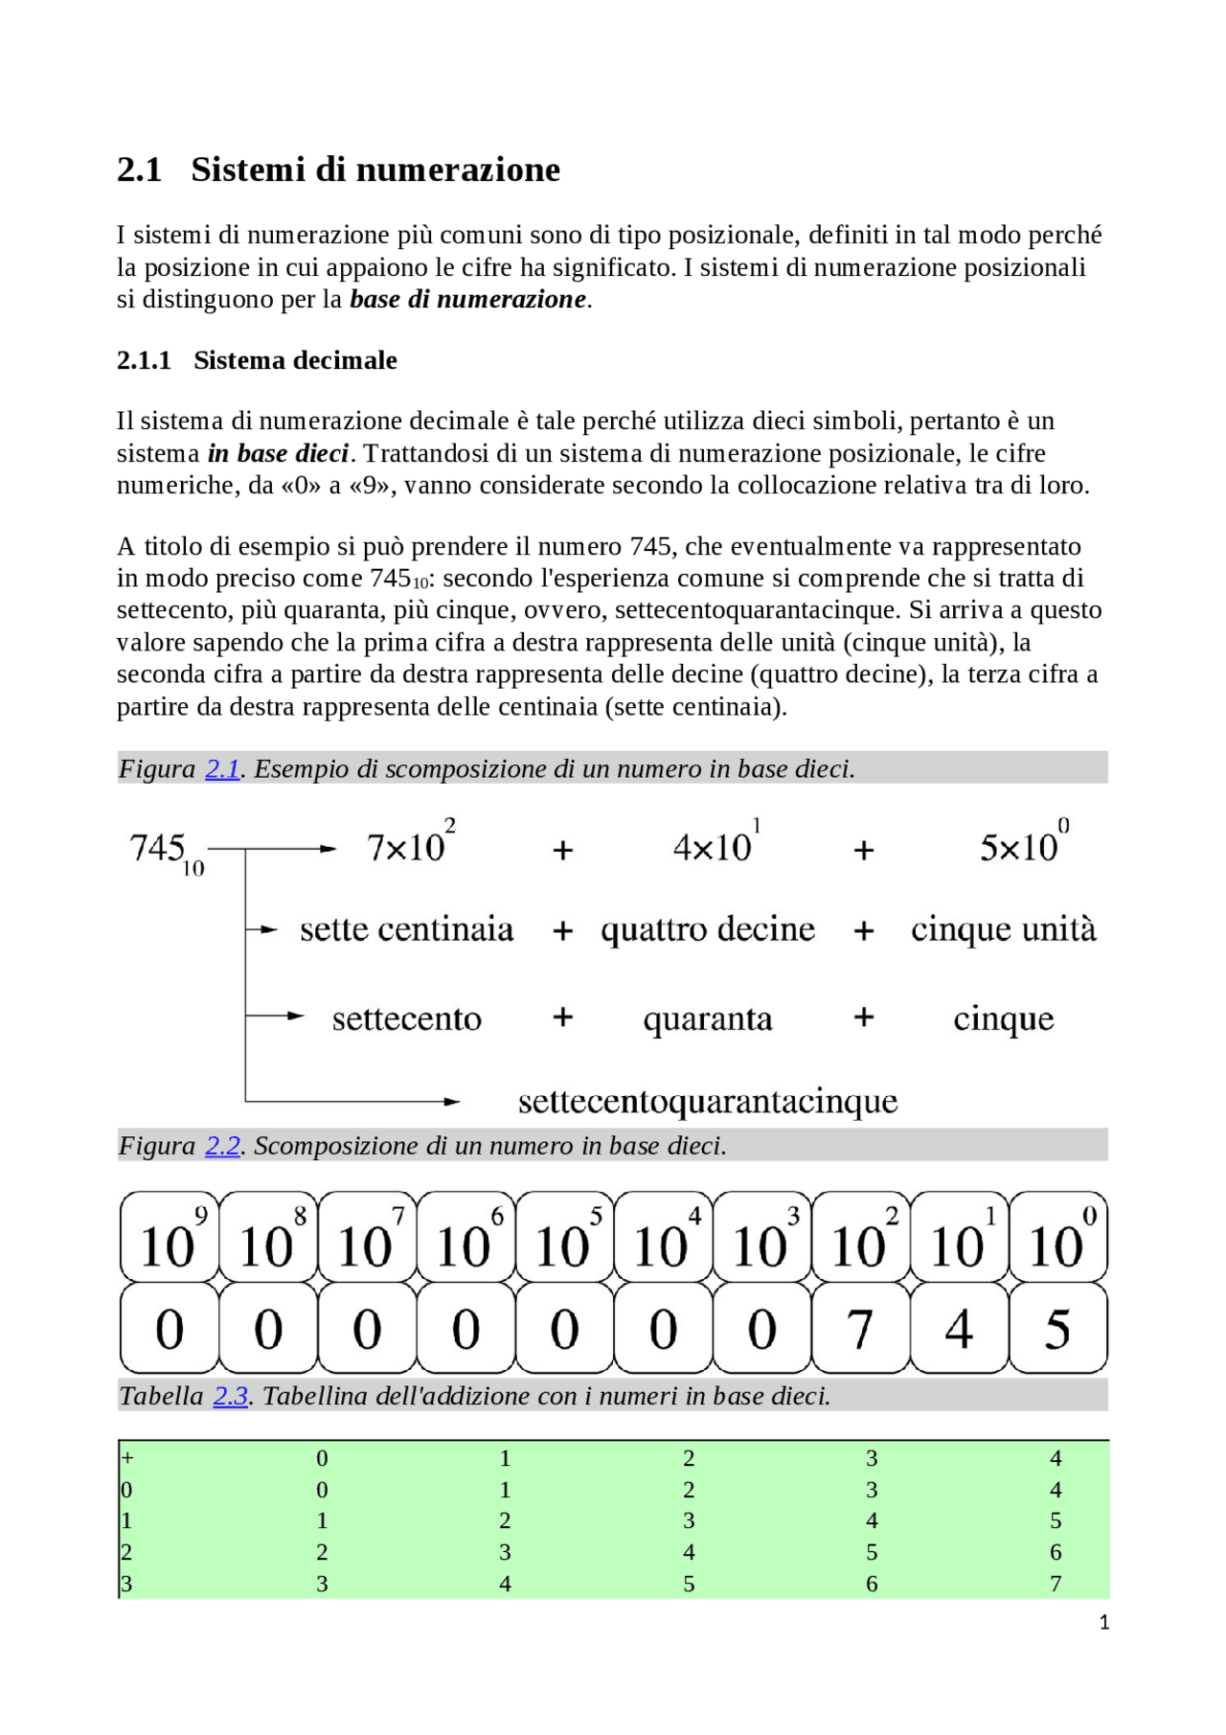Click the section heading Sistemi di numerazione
click(x=375, y=170)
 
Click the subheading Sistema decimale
click(x=295, y=360)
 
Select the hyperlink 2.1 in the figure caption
click(x=222, y=769)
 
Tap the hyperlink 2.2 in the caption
click(x=222, y=1146)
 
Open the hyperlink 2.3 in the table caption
click(x=231, y=1396)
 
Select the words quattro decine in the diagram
click(x=708, y=929)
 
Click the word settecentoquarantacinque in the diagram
click(x=708, y=1102)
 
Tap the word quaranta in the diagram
click(x=708, y=1018)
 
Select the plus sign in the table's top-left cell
click(x=127, y=1458)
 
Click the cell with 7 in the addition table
click(x=1055, y=1584)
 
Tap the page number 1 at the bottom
click(x=1103, y=1622)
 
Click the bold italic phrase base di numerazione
click(x=467, y=299)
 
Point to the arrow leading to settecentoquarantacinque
click(x=383, y=1102)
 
